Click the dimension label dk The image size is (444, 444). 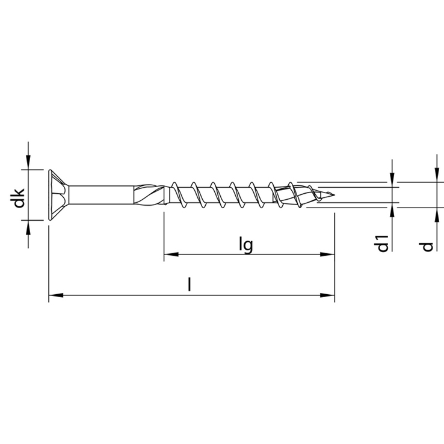point(19,198)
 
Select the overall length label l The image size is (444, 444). point(189,285)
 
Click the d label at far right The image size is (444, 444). point(427,247)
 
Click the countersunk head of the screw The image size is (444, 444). point(59,195)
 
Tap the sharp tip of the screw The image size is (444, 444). point(334,195)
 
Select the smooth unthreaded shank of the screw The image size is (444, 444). point(101,195)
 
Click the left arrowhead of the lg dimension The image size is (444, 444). point(171,254)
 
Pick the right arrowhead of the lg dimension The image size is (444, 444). point(327,254)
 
